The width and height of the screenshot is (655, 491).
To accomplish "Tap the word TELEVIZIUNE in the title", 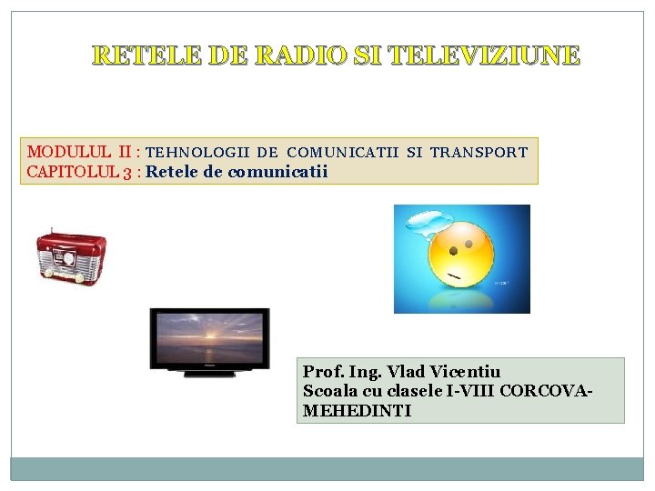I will tap(483, 56).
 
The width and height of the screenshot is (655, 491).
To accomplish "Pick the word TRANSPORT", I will tap(479, 153).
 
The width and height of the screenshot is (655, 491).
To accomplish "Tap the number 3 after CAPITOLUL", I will tap(129, 173).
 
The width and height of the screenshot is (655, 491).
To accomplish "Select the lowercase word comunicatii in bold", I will tap(277, 172).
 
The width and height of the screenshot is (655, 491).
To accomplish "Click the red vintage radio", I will tap(71, 256).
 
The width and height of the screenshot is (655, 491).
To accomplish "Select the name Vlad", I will tap(403, 372).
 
